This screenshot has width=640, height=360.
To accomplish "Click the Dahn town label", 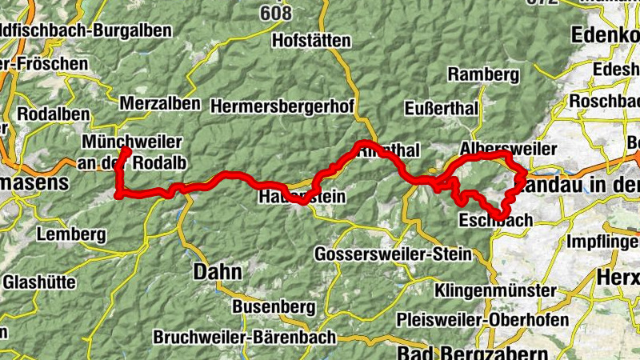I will pyautogui.click(x=218, y=272).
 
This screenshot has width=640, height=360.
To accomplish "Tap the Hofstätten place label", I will pyautogui.click(x=312, y=39).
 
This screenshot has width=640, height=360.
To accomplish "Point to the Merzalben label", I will pyautogui.click(x=160, y=104).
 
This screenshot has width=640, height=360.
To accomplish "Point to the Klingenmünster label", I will pyautogui.click(x=496, y=290).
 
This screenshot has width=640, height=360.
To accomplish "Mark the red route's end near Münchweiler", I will pyautogui.click(x=126, y=150).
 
